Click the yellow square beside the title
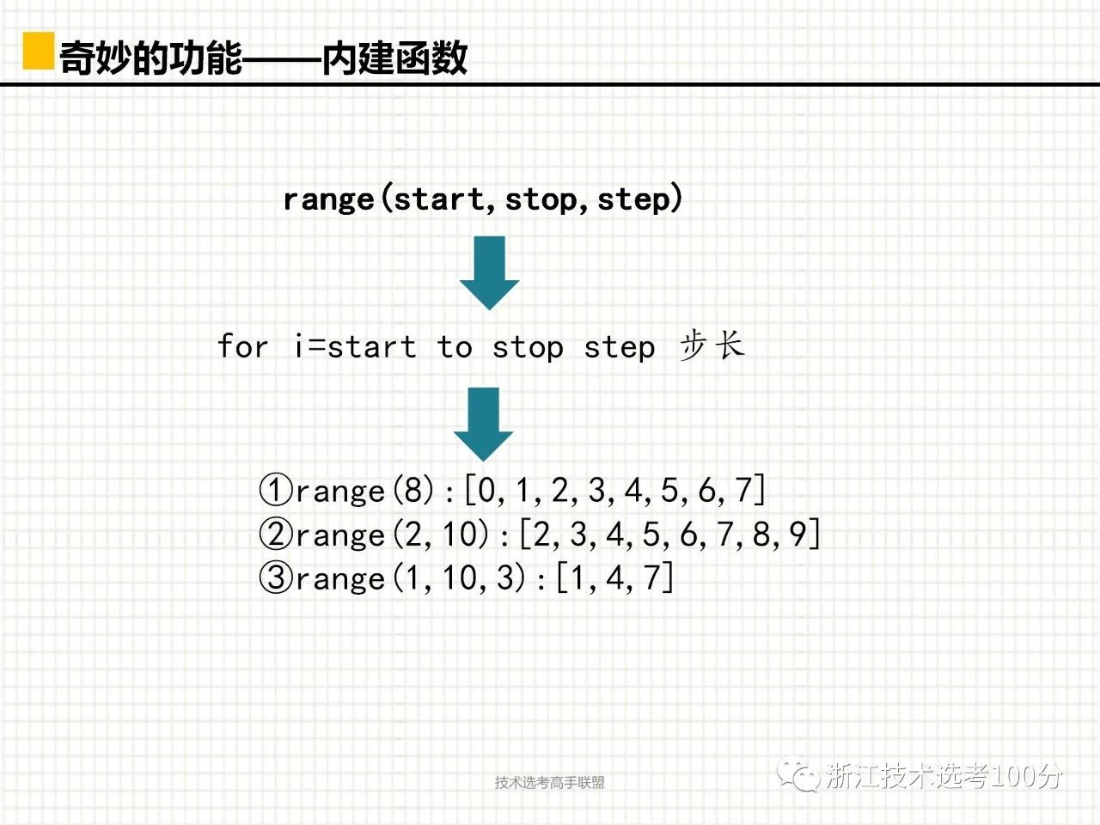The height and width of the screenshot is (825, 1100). [39, 51]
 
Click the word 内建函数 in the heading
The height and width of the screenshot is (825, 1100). [395, 58]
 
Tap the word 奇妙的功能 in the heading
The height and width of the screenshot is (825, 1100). [150, 58]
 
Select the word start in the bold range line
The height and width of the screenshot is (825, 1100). [439, 199]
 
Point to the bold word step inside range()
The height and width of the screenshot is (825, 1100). [634, 200]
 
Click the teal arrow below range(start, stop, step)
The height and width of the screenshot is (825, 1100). [489, 273]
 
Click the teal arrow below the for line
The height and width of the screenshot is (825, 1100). [484, 425]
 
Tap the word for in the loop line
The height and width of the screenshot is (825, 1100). [243, 345]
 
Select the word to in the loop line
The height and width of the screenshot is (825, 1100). [455, 346]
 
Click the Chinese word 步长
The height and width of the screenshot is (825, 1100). [712, 345]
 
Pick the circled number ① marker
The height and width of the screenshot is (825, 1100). [276, 490]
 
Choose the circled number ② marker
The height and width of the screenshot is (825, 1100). [276, 534]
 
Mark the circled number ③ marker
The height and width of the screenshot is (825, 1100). [276, 577]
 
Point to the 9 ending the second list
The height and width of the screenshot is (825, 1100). [797, 534]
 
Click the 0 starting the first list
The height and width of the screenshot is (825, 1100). [486, 490]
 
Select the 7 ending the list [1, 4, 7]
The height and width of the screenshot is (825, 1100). [652, 577]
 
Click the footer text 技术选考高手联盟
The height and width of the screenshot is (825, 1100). [550, 782]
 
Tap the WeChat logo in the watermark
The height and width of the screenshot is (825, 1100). [797, 774]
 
